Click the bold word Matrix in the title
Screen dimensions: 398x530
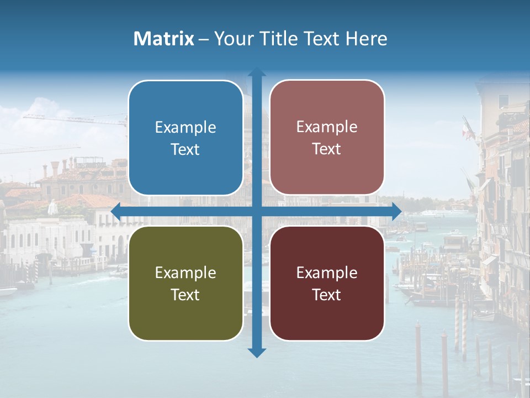click(164, 39)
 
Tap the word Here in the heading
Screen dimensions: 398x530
click(366, 39)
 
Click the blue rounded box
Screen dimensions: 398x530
click(185, 138)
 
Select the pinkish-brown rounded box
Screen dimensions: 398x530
click(327, 138)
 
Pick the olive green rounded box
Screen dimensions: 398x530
click(185, 283)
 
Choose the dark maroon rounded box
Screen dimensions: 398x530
click(327, 283)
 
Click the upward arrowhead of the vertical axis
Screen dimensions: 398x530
click(257, 73)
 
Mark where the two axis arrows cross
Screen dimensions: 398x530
click(257, 211)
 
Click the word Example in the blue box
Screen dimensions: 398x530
click(185, 128)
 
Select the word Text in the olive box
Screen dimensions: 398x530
click(185, 295)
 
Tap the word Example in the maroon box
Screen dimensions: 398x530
click(327, 273)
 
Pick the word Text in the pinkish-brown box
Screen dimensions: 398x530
click(327, 149)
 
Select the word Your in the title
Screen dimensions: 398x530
click(231, 39)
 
